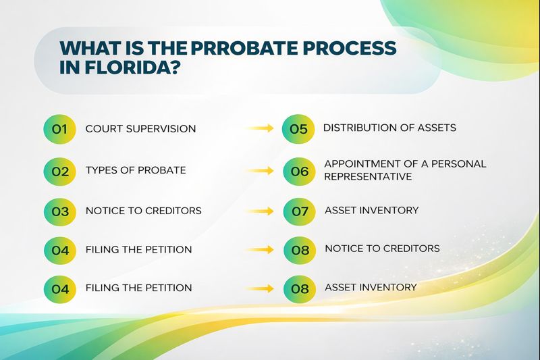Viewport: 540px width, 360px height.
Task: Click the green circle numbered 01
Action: [x=60, y=129]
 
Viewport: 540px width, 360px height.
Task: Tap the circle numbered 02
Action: [x=60, y=171]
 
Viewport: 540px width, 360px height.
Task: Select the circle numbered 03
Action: [x=60, y=211]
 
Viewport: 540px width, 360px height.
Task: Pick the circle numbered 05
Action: [x=298, y=129]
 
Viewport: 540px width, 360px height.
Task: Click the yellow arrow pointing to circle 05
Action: [x=259, y=128]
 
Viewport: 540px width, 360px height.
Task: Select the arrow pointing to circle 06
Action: [x=259, y=171]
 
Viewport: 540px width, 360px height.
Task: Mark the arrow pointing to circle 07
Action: [x=259, y=211]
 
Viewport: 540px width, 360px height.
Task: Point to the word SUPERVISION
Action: [x=163, y=128]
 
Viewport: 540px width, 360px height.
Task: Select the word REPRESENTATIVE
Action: [x=368, y=176]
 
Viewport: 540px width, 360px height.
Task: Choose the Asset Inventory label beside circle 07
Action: [x=371, y=210]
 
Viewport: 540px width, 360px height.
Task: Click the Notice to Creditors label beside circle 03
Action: [x=143, y=211]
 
